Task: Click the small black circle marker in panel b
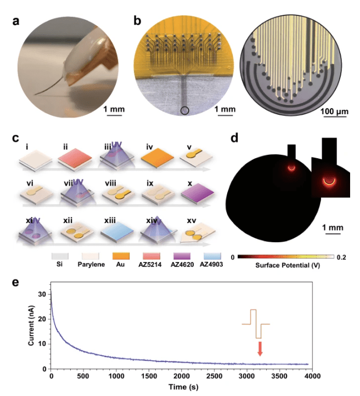185,111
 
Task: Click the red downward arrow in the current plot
260,348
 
